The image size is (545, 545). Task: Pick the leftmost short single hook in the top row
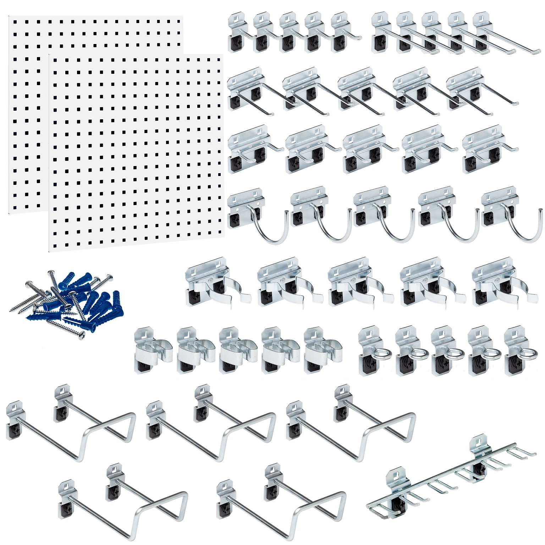238,34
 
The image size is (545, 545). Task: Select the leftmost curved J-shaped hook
257,216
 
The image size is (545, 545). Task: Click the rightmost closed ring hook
520,351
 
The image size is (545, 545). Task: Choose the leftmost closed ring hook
374,351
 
